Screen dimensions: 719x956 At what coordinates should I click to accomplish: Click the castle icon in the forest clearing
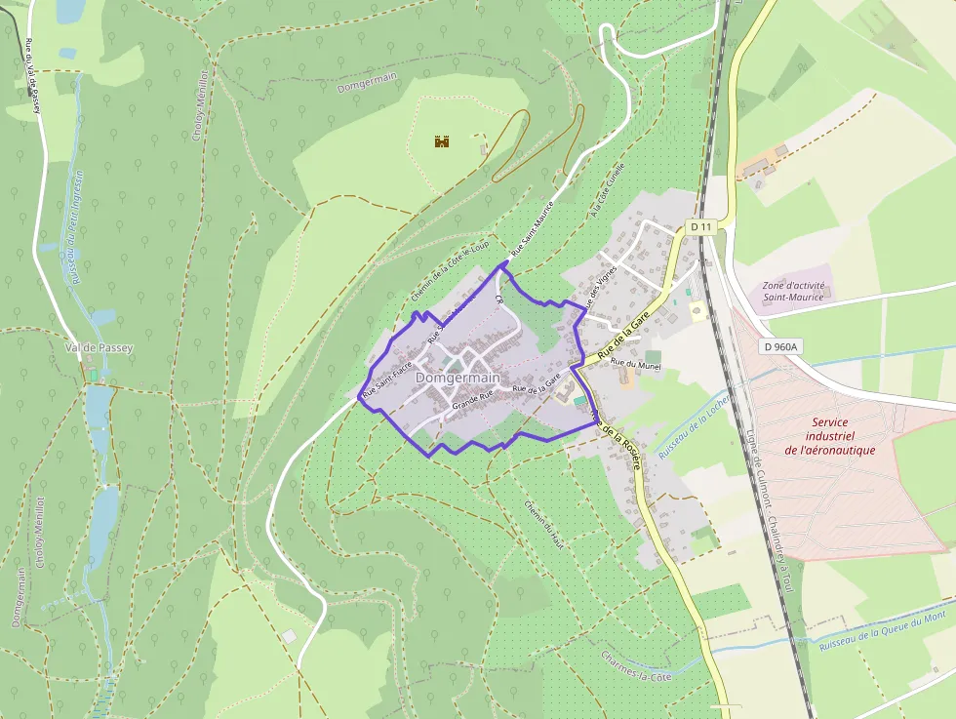(442, 141)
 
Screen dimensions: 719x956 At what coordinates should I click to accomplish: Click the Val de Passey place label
(99, 347)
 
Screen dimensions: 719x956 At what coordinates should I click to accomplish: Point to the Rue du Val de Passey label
(32, 76)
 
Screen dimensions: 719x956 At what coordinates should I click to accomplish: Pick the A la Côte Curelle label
(607, 190)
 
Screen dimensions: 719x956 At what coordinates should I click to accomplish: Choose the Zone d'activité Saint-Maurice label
(793, 290)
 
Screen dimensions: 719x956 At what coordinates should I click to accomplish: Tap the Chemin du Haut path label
(544, 524)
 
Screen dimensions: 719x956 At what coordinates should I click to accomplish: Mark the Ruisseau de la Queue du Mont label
(882, 630)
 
